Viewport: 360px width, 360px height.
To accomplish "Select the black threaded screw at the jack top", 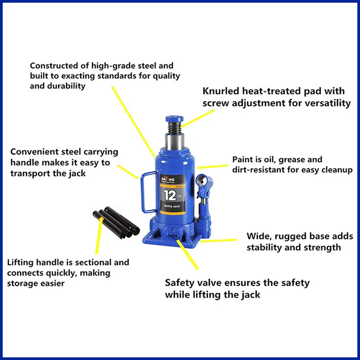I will (175, 128).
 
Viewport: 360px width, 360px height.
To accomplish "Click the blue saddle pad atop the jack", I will (175, 118).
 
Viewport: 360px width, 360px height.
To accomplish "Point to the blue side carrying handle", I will (143, 192).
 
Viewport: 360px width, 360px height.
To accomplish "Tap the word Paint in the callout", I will (243, 159).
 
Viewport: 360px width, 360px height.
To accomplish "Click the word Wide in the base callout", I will (258, 236).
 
